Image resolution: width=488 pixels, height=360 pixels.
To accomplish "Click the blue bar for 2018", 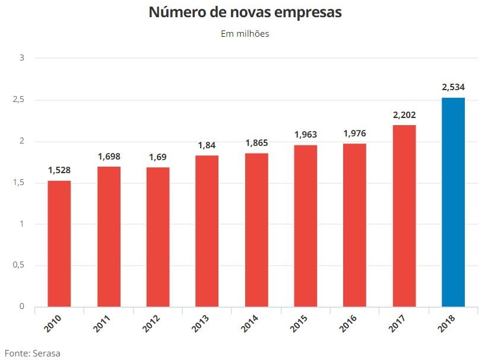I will tap(453, 202).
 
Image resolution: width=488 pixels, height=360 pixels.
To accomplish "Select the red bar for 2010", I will tap(59, 244).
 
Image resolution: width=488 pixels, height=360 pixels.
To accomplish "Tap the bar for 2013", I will tap(207, 231).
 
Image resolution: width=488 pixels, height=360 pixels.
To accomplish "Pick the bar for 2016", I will tap(354, 225).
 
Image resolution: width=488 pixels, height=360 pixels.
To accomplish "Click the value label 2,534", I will tap(453, 87).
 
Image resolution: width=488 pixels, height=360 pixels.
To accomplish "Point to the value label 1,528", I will tap(59, 170).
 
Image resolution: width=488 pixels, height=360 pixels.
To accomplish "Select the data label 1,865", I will tap(256, 143).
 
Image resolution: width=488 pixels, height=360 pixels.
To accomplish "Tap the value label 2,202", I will tap(404, 114).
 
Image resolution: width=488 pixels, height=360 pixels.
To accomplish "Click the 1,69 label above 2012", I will tap(157, 157).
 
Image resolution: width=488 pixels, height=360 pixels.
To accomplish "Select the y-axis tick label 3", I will tap(21, 58).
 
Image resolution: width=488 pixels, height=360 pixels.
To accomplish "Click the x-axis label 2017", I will tap(400, 323).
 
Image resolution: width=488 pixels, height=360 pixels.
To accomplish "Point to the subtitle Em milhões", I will tap(245, 34).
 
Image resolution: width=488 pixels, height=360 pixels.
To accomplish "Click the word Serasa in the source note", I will tap(46, 353).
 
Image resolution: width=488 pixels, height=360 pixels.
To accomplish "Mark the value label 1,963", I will tap(305, 135).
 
